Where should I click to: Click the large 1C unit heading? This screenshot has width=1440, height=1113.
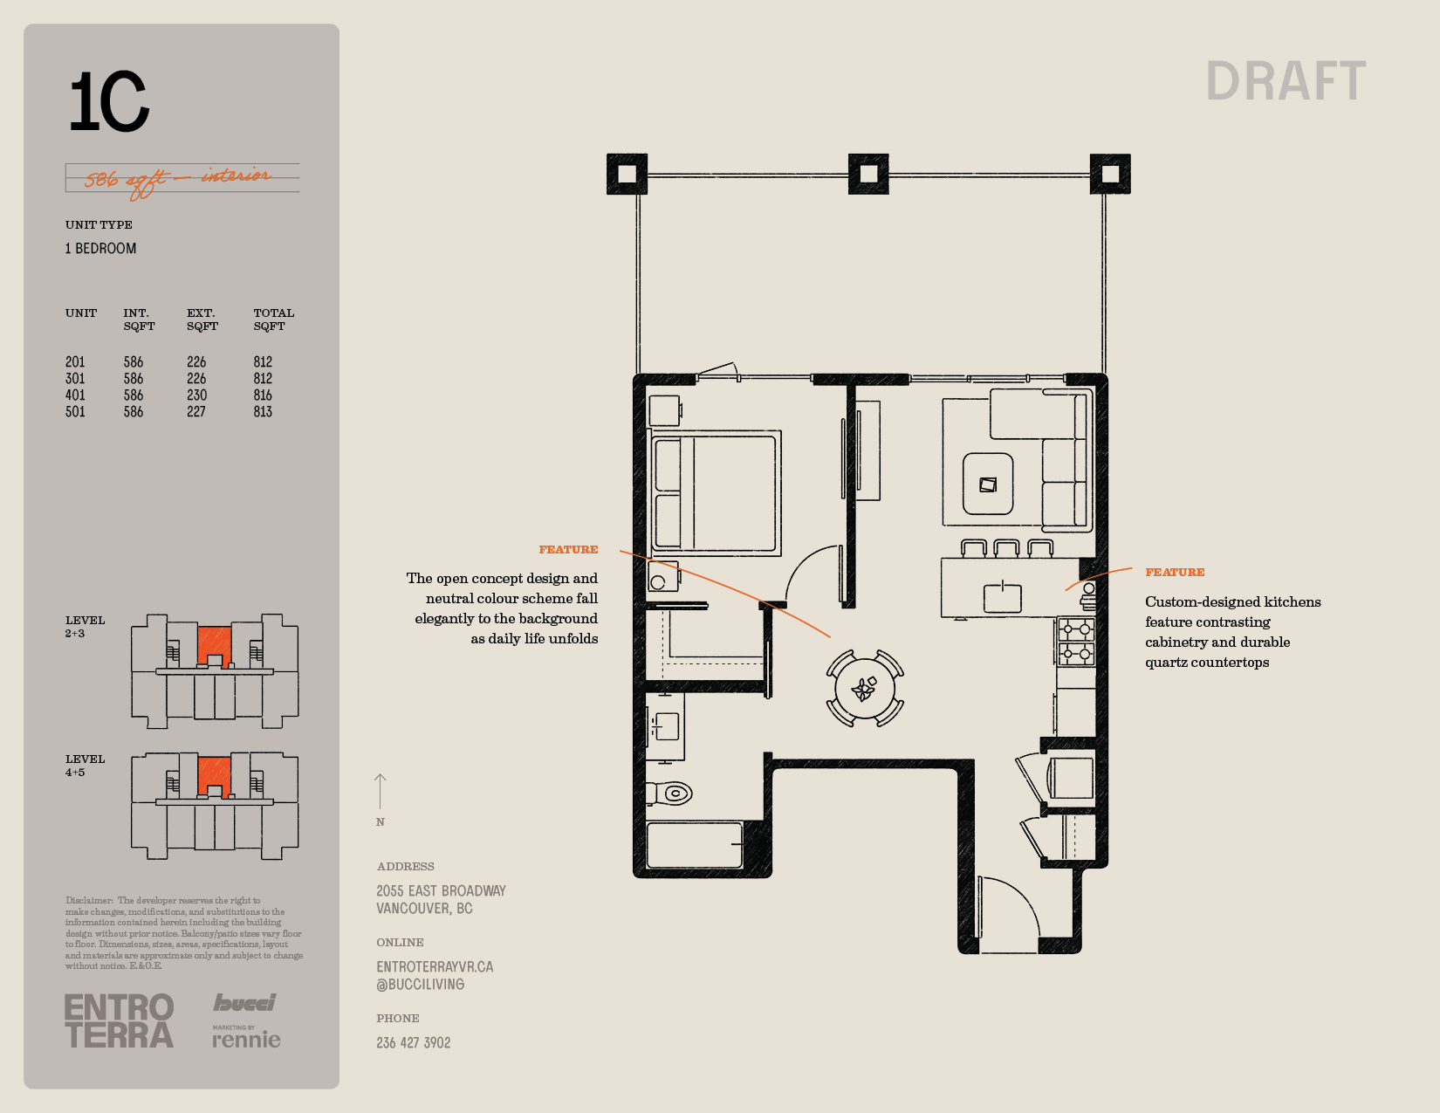point(109,101)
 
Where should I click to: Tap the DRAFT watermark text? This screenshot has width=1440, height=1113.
point(1286,81)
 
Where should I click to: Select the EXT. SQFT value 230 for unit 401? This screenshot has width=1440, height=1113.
point(196,395)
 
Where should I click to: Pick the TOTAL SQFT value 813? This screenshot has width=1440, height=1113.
point(263,412)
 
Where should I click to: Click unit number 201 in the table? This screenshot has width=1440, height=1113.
point(75,362)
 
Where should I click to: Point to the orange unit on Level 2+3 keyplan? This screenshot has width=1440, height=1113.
point(214,646)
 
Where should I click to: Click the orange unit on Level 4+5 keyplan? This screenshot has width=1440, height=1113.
point(214,776)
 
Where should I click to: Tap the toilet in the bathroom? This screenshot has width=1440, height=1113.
point(670,793)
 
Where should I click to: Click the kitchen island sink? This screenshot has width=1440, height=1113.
point(1002,598)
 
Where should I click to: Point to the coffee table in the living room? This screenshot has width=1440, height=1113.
point(987,484)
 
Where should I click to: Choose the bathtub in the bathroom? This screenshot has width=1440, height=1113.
point(694,845)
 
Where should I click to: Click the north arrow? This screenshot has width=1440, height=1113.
point(380,792)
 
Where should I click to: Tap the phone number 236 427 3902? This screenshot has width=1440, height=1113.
point(414,1043)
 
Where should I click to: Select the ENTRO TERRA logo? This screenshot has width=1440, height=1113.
point(120,1020)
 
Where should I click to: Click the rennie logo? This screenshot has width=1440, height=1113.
point(246,1039)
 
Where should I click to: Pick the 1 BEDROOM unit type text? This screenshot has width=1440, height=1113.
point(100,249)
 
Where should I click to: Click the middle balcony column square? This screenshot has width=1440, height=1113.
point(868,174)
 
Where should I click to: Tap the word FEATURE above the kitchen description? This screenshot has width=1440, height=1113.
point(1175,572)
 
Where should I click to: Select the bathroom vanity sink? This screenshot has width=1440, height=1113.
point(665,726)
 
